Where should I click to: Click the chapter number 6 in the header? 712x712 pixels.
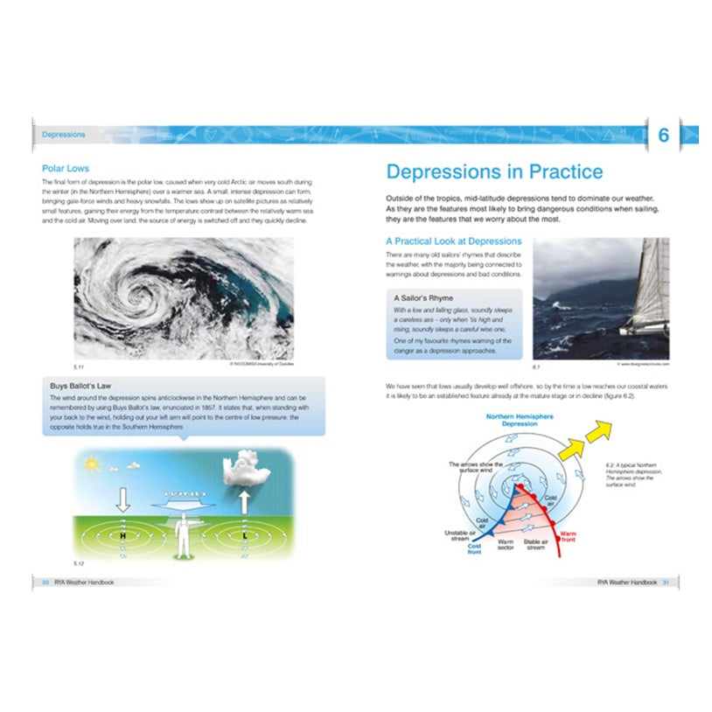(663, 136)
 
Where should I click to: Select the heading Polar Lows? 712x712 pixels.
(66, 168)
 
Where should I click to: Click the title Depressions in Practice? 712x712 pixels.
(494, 171)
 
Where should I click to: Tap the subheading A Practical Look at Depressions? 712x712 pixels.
(453, 241)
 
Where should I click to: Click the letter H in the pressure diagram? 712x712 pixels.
(123, 534)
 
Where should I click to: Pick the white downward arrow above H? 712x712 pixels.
(123, 499)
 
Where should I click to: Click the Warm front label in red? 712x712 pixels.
(569, 534)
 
